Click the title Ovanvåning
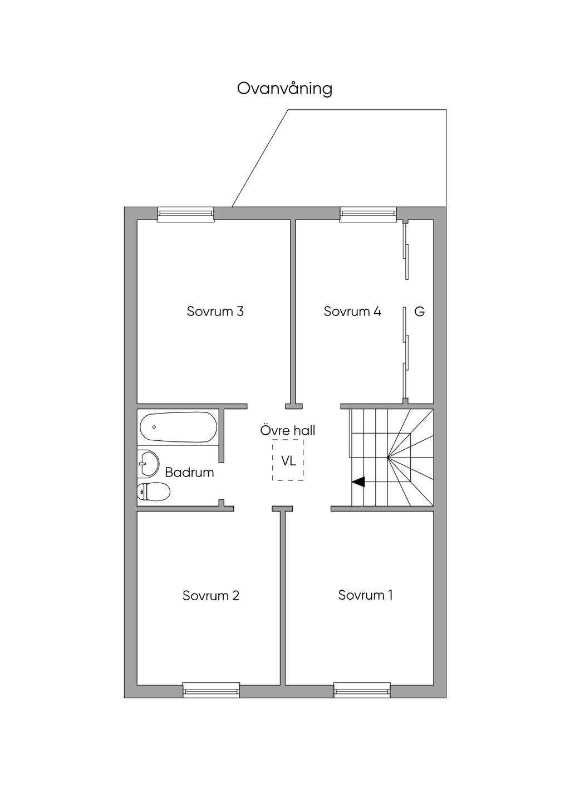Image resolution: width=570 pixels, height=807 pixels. tap(284, 89)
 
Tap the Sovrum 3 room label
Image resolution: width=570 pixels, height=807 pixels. tap(215, 311)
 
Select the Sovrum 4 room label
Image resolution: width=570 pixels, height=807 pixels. tap(352, 311)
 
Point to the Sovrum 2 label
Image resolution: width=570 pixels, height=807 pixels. tap(211, 595)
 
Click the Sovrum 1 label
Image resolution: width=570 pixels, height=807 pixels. tap(365, 595)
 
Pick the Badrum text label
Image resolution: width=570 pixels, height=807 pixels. tap(189, 473)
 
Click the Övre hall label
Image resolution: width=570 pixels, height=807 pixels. tap(288, 430)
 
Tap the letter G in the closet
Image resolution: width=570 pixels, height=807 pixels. tap(420, 312)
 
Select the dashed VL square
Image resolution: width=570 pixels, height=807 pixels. tap(288, 460)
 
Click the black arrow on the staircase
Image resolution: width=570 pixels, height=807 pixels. tap(358, 482)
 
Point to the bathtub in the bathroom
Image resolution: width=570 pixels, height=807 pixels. tap(178, 427)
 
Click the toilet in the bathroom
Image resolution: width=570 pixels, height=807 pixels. tap(154, 492)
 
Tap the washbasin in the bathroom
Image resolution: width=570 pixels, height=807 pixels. tap(148, 464)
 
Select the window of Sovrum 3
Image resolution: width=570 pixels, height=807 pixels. tap(185, 214)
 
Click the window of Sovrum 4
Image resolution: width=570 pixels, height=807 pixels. tap(368, 214)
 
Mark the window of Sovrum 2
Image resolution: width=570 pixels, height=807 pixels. tap(212, 691)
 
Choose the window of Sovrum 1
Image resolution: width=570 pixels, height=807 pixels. tap(362, 691)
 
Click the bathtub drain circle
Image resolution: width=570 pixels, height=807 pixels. tap(154, 427)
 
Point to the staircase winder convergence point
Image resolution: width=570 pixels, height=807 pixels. tap(388, 458)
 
